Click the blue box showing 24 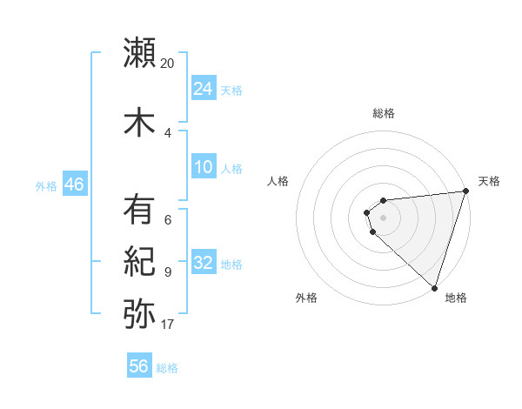pyautogui.click(x=204, y=88)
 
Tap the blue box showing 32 pyautogui.click(x=204, y=263)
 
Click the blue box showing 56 pyautogui.click(x=139, y=366)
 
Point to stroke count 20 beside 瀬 pyautogui.click(x=168, y=64)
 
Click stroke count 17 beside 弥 pyautogui.click(x=168, y=325)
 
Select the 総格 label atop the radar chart pyautogui.click(x=384, y=113)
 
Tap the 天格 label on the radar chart pyautogui.click(x=490, y=181)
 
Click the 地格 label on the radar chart pyautogui.click(x=456, y=298)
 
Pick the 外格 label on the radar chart pyautogui.click(x=306, y=298)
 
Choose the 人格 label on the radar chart pyautogui.click(x=278, y=181)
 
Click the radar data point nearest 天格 pyautogui.click(x=465, y=191)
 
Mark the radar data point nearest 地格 pyautogui.click(x=434, y=287)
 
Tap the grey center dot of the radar pyautogui.click(x=384, y=218)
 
